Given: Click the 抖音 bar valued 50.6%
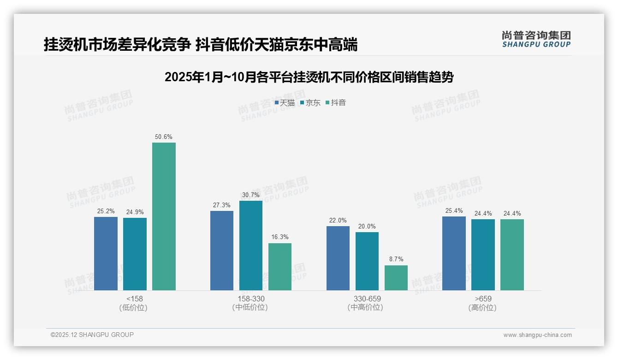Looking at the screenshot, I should [x=164, y=216].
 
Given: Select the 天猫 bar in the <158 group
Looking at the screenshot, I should [x=106, y=253].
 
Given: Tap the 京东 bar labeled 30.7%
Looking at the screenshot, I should [x=250, y=245].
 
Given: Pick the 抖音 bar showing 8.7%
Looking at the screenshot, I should [x=396, y=277].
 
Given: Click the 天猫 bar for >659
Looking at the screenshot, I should [x=454, y=253].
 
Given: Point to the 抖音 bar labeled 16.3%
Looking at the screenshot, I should [x=280, y=266].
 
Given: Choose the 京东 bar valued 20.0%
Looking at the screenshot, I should [x=367, y=261].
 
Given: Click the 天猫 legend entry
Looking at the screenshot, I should [x=285, y=102].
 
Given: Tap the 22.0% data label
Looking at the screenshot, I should [x=338, y=221].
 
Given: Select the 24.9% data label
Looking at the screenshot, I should [x=135, y=212].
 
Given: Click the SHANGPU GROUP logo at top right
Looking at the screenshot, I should [x=536, y=39].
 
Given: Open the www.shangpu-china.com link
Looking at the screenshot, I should [x=537, y=335].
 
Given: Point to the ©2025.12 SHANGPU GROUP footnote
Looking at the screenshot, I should [x=92, y=335].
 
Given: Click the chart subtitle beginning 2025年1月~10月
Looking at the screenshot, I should [x=309, y=77].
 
